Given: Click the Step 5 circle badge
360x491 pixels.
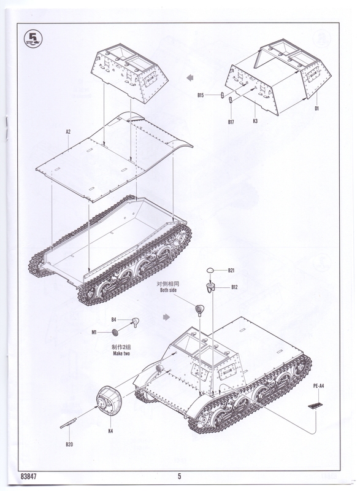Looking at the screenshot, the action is (x=33, y=39).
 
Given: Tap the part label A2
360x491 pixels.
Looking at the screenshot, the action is (x=68, y=132).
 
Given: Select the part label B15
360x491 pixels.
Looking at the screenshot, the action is (x=201, y=95).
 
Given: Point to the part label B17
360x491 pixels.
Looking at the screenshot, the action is (x=231, y=122).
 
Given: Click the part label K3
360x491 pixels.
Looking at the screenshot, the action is (x=255, y=121).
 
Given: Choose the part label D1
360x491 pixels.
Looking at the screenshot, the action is (x=316, y=109).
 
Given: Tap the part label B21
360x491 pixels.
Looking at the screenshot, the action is (x=231, y=271).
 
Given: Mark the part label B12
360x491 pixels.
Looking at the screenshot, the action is (x=234, y=287).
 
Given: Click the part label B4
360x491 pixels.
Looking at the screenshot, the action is (x=114, y=320).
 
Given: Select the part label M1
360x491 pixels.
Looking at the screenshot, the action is (x=94, y=332).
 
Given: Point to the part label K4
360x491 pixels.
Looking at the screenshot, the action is (x=110, y=431).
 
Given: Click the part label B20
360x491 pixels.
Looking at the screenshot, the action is (x=69, y=444).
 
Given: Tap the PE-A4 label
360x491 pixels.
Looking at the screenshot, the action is (x=318, y=386).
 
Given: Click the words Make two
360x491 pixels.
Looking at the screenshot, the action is (x=121, y=354).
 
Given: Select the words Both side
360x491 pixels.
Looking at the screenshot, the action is (x=168, y=290).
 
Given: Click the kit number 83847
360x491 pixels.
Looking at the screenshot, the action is (x=29, y=476).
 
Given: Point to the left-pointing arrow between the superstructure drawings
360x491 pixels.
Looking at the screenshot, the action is (x=190, y=78).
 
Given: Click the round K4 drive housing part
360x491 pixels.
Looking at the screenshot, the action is (x=109, y=401).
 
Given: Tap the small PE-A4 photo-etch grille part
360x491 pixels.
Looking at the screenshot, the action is (x=315, y=406).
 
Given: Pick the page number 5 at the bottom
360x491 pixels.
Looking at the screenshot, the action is (x=179, y=476).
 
